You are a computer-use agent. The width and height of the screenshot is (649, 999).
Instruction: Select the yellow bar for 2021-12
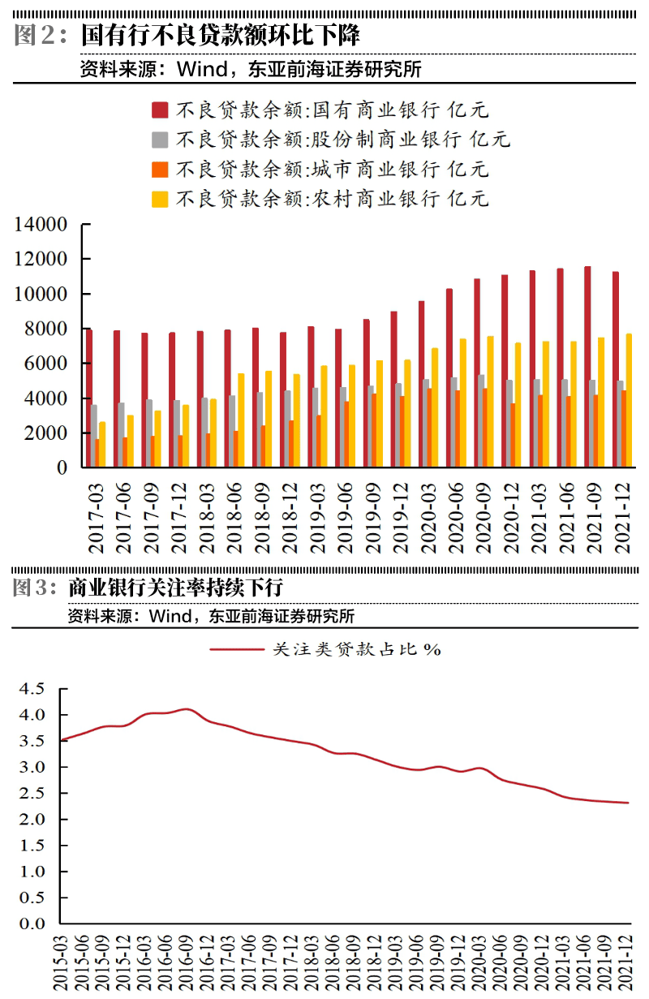tap(629, 400)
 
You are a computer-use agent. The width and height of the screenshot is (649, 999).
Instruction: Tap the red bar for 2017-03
tap(89, 398)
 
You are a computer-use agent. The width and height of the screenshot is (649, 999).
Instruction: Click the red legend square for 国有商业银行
tap(160, 110)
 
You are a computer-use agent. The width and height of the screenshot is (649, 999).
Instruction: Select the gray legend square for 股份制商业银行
tap(160, 140)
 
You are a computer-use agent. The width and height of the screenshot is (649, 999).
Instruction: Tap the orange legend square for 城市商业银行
tap(160, 169)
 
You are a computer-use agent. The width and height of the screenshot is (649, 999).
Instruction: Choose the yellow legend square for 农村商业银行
tap(160, 199)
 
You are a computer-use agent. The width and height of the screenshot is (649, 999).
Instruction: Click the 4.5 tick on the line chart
tap(34, 689)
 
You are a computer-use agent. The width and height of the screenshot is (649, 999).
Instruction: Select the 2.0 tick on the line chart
tap(34, 820)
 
